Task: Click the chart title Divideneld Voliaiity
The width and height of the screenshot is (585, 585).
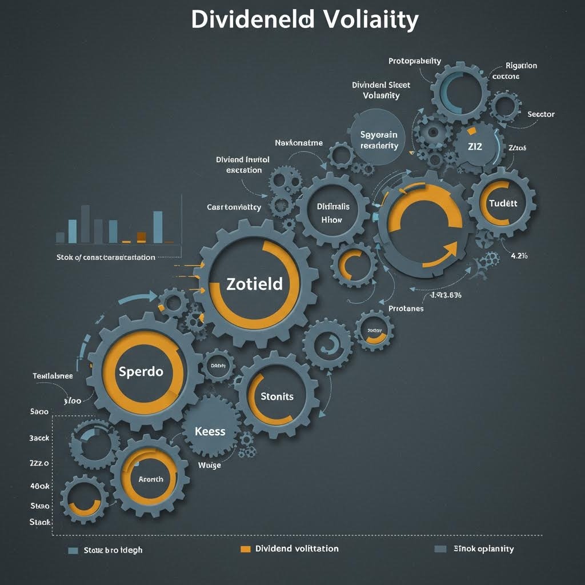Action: (x=304, y=20)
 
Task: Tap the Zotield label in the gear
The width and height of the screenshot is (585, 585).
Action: (x=255, y=284)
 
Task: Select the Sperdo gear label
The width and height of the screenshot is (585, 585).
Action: (x=141, y=371)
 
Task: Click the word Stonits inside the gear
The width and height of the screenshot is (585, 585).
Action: (x=277, y=396)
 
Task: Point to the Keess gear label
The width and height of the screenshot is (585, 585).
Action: (x=210, y=431)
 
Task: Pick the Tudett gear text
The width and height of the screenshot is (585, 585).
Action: (x=503, y=204)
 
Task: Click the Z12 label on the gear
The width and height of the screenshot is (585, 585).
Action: (x=475, y=146)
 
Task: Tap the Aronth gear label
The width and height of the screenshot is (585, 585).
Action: (x=151, y=479)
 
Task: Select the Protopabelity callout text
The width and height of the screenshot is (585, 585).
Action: (x=415, y=61)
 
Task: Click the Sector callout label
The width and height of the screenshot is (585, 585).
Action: (x=540, y=114)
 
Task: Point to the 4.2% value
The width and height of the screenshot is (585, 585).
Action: (x=519, y=256)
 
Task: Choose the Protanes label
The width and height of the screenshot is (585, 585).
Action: (x=406, y=308)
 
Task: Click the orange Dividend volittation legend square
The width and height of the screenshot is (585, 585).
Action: (x=246, y=549)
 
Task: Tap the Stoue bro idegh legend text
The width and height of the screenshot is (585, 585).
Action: (x=113, y=550)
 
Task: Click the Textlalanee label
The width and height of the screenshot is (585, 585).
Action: (x=53, y=376)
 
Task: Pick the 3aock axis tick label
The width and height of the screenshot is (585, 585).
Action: (x=39, y=438)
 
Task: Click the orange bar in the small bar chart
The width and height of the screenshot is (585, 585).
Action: (x=142, y=237)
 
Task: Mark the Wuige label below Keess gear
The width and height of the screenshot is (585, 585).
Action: (x=209, y=465)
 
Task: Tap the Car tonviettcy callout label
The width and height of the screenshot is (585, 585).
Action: (x=234, y=207)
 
